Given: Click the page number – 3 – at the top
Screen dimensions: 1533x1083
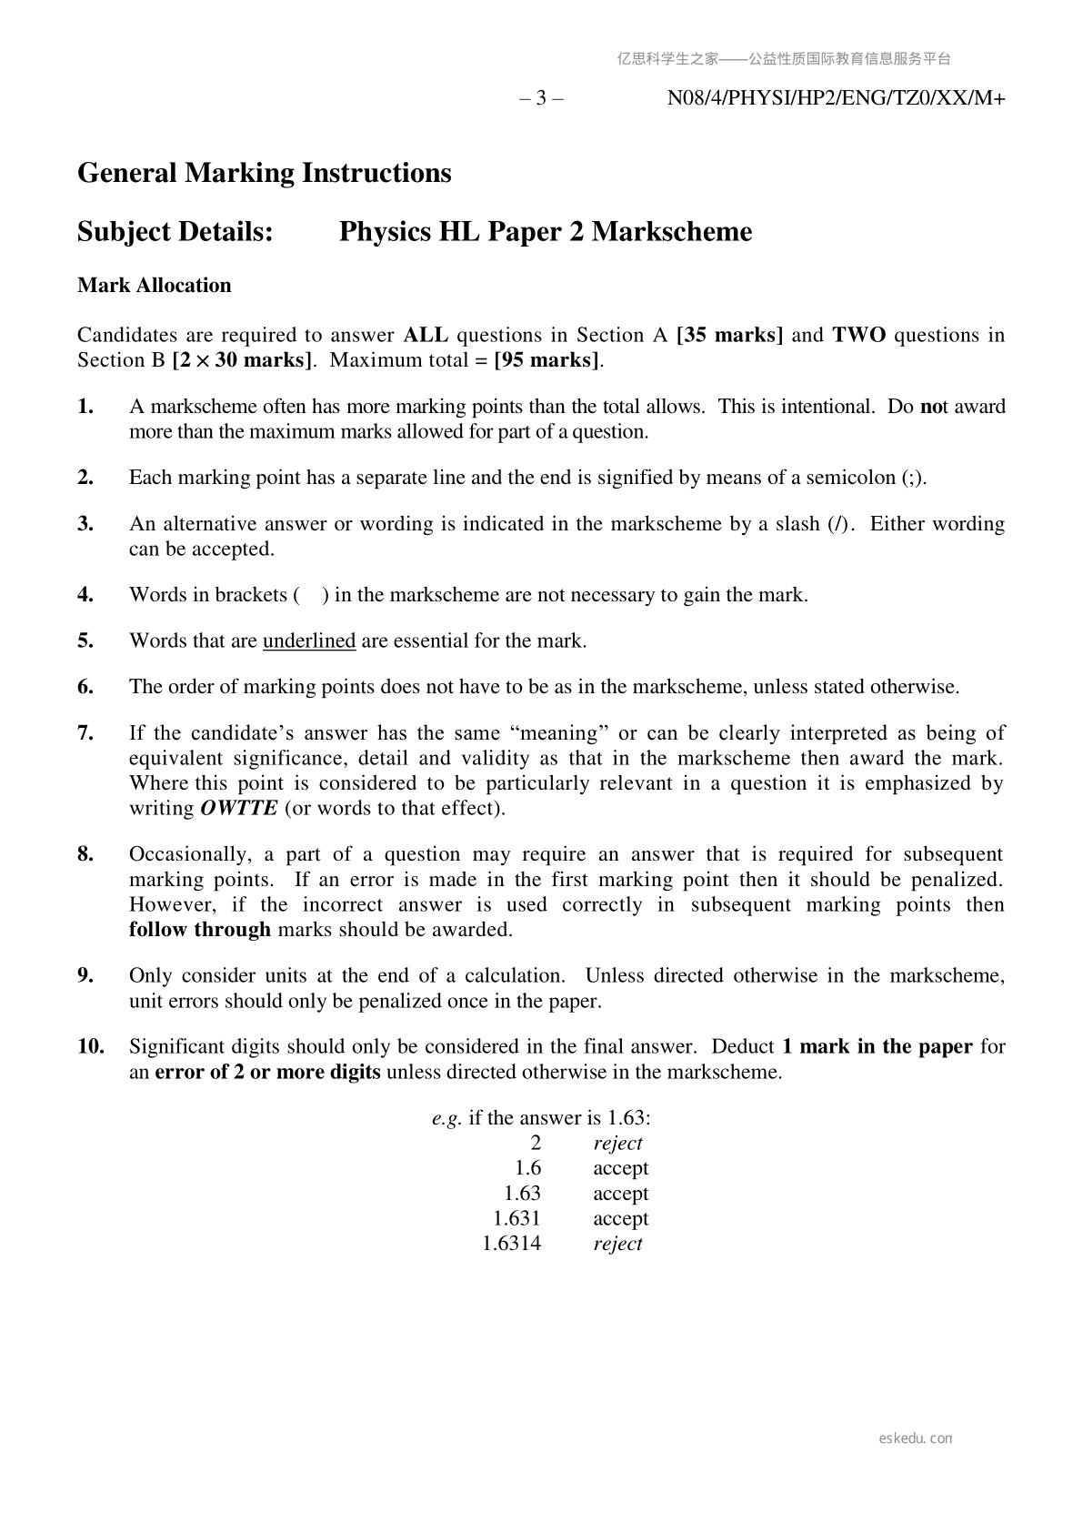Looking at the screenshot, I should tap(541, 98).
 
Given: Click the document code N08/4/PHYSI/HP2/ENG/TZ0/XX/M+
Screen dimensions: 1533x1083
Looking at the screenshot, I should tap(836, 98).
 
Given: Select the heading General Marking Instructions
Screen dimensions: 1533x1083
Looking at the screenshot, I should tap(264, 173).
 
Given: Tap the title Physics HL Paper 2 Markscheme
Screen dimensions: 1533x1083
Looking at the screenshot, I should tap(546, 232).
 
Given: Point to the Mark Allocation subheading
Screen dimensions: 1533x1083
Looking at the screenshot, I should tap(155, 286).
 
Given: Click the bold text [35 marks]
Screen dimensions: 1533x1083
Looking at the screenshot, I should tap(730, 335).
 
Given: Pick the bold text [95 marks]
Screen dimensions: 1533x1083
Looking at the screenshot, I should tap(547, 360).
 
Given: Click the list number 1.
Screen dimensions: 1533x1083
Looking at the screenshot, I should tap(85, 407).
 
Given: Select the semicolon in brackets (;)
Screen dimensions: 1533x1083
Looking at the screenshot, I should tap(913, 478).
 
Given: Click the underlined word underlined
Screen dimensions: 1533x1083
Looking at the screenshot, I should tap(309, 641).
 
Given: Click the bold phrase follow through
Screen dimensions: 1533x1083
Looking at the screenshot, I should tap(200, 930).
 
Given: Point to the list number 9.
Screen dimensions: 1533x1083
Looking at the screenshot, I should tap(85, 976).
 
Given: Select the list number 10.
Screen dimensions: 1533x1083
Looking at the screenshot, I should tap(90, 1047).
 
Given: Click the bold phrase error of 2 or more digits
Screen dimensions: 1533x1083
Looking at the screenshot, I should tap(267, 1073).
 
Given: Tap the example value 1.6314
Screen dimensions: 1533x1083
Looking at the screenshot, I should tap(511, 1244).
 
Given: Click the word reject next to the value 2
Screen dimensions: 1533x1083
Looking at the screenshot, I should tap(617, 1144).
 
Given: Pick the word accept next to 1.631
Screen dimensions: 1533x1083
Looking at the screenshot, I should tap(621, 1219).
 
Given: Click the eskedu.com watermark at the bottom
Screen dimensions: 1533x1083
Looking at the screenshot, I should tap(916, 1438).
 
